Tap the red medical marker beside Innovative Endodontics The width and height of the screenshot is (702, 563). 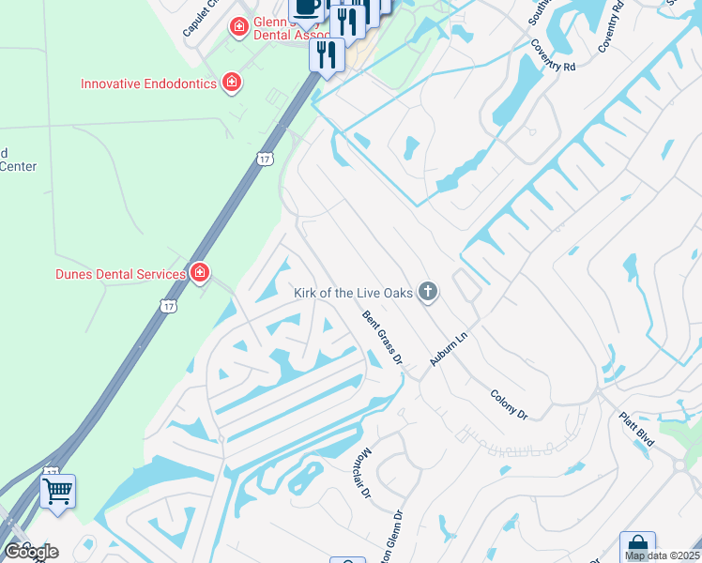[232, 84]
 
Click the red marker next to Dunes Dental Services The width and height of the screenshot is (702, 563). [199, 273]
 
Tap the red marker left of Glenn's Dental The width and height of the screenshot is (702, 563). [239, 26]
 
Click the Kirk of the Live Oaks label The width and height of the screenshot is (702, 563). [354, 293]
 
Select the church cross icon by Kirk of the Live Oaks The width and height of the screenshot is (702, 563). [428, 292]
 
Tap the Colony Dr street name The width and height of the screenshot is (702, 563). [510, 404]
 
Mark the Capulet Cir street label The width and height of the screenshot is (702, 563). [201, 16]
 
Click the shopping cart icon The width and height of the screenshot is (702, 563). [58, 489]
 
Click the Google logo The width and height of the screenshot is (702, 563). [31, 552]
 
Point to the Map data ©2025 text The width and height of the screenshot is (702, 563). [662, 555]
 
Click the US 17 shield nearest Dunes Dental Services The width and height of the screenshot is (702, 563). [169, 306]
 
